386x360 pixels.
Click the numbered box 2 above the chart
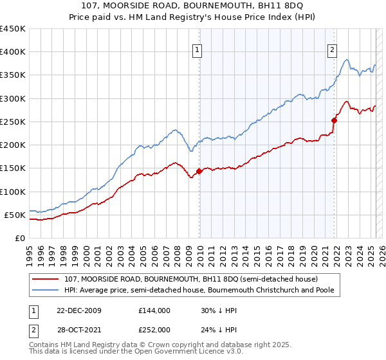tap(332, 49)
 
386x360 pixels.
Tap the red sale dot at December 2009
tap(199, 171)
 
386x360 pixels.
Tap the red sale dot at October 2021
tap(335, 120)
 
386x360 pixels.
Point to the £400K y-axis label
tap(13, 52)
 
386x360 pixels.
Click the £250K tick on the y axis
tap(13, 122)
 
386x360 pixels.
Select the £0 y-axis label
tap(20, 238)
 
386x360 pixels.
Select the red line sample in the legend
tap(47, 279)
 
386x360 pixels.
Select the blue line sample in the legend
tap(47, 290)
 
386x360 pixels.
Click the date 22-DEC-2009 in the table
tap(84, 310)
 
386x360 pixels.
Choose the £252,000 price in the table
tap(154, 329)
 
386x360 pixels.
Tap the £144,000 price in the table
tap(154, 310)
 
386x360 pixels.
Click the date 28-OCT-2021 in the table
tap(84, 329)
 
